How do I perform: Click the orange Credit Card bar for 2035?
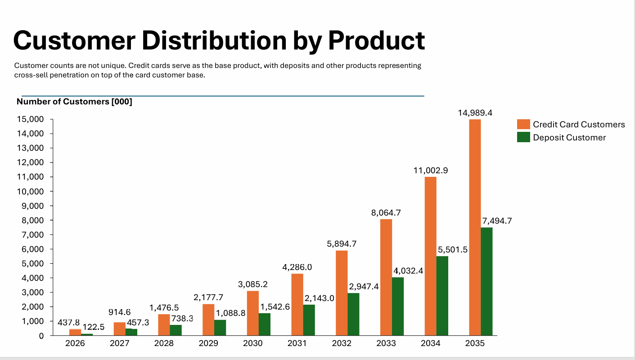coord(475,227)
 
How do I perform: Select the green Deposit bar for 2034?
coord(442,296)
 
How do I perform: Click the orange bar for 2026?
coord(75,332)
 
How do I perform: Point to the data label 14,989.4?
coord(475,113)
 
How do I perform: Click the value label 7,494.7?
coord(497,221)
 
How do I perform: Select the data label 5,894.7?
coord(342,244)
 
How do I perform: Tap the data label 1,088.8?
coord(230,313)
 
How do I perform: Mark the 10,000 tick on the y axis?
coord(31,191)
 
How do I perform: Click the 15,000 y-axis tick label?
coord(31,119)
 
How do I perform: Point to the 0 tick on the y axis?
coord(41,336)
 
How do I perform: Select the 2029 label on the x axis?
coord(208,343)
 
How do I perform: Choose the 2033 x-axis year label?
coord(386,343)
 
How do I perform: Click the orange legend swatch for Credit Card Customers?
coord(523,125)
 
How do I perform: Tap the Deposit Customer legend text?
coord(569,138)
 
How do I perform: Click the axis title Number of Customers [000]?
coord(74,102)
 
